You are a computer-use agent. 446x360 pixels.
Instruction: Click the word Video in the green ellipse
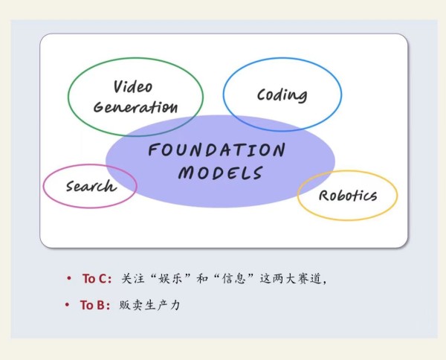(133, 86)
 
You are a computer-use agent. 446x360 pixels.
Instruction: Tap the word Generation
(135, 107)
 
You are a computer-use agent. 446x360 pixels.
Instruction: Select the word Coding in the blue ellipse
(282, 95)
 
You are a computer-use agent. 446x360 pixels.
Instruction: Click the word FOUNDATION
(216, 150)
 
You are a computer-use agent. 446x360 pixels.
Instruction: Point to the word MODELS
(221, 173)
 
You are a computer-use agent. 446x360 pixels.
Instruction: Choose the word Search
(91, 186)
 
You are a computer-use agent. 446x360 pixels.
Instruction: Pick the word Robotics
(348, 196)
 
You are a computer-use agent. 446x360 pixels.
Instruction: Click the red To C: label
(97, 279)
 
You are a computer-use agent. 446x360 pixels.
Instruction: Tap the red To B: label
(94, 305)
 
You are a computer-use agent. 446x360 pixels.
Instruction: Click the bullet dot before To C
(68, 277)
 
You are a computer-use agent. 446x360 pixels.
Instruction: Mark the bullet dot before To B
(67, 305)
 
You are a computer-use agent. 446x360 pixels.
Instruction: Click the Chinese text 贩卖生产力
(149, 305)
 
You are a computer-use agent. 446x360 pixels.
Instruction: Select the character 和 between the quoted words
(202, 278)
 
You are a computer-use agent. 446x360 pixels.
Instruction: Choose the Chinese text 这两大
(278, 278)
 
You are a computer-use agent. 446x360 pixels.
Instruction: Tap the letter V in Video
(118, 87)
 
